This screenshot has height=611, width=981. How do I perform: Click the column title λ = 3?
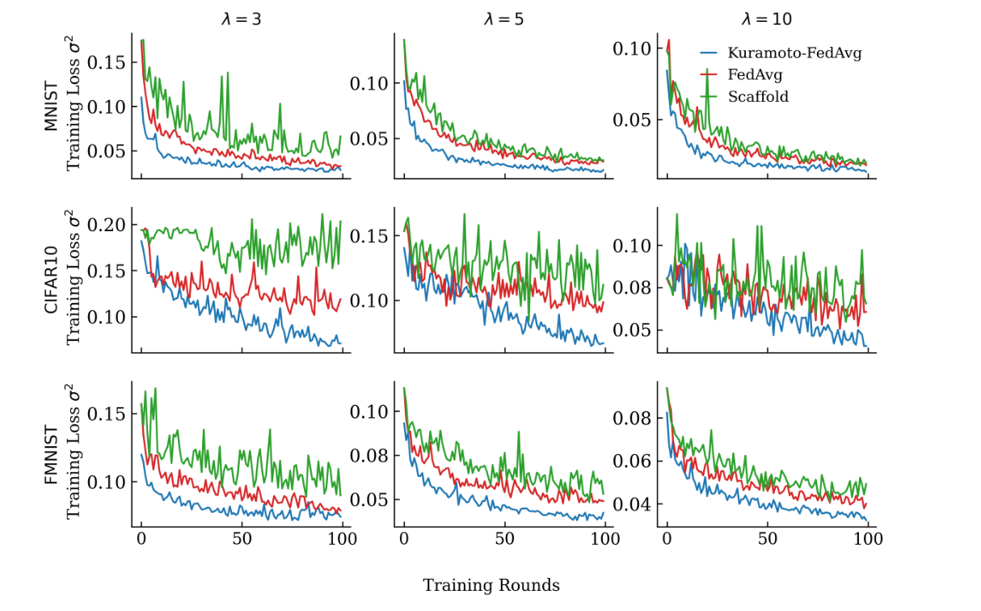coord(241,19)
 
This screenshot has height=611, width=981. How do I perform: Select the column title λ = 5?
coord(503,19)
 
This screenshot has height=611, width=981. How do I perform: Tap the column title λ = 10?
coord(767,19)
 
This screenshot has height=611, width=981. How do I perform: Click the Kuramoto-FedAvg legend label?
coord(794,53)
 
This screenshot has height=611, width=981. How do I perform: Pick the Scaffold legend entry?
coord(758,96)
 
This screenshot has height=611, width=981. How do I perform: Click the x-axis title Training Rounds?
coord(490,585)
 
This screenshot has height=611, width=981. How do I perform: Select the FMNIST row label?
coord(51,453)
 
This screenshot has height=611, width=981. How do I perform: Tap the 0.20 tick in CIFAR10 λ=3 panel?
coord(106,224)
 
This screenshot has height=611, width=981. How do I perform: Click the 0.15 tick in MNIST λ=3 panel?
coord(106,62)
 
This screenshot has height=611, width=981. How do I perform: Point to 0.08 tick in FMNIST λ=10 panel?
coord(631,419)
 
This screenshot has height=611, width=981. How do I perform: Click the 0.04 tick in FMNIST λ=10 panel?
coord(631,504)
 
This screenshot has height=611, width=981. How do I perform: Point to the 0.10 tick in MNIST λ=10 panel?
coord(631,48)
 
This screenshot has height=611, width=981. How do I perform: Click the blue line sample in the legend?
coord(709,53)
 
